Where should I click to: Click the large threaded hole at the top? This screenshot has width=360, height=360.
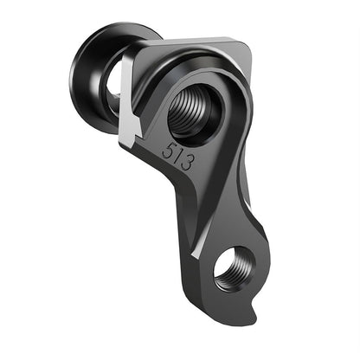(195, 108)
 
